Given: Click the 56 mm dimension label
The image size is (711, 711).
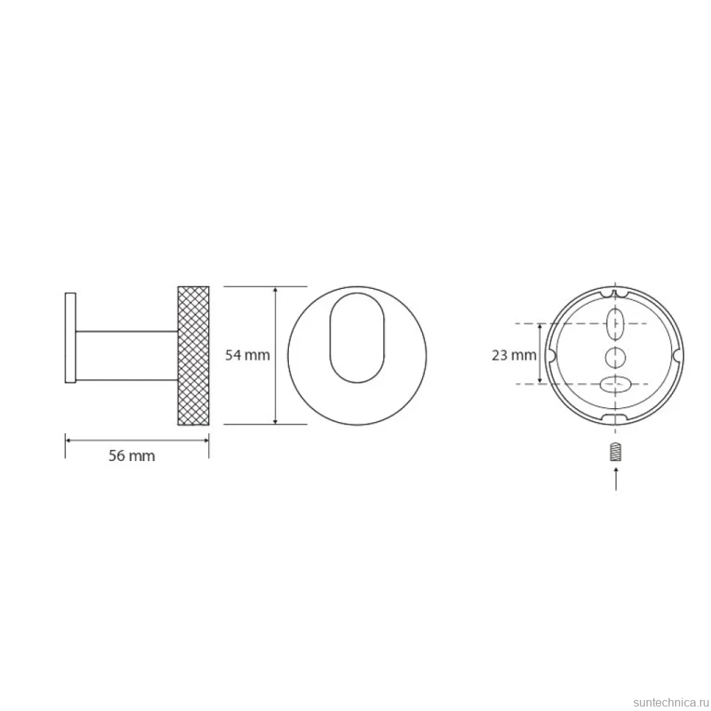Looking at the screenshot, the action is [131, 455].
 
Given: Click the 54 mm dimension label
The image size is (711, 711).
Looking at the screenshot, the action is [247, 355].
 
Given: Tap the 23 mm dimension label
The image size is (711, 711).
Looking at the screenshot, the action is [514, 355].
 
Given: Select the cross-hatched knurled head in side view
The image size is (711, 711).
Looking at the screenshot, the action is [194, 355].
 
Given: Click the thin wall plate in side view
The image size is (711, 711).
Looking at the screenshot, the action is [70, 338].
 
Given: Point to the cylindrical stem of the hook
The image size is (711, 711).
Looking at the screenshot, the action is [127, 355].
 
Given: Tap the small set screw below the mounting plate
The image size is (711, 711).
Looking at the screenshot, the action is [615, 452].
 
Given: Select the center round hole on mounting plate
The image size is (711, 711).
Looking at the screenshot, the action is [615, 357].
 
